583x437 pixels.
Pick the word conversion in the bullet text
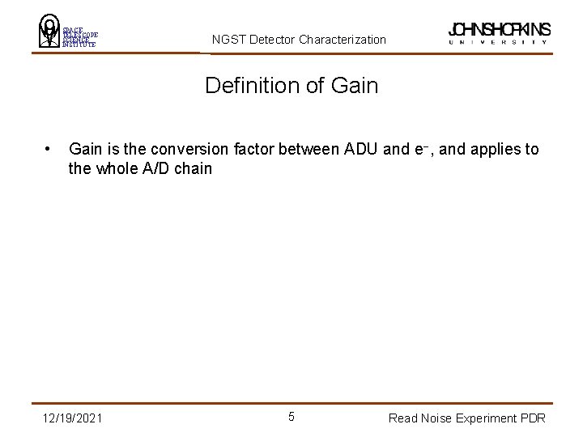(160, 150)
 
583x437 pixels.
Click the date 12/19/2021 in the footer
(74, 418)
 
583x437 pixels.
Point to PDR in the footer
(532, 418)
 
